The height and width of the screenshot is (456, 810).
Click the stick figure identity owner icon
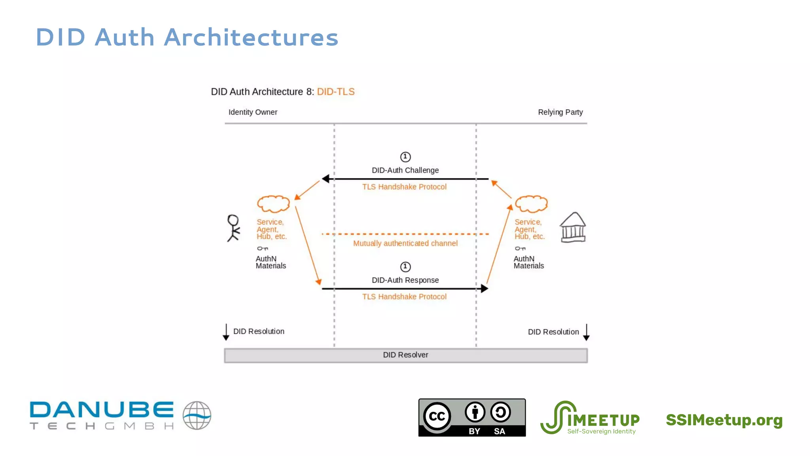coord(233,228)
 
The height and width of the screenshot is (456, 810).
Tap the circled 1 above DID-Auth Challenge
coord(405,157)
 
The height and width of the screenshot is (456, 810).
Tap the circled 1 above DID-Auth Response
coord(405,267)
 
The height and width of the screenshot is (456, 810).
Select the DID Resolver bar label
coord(405,355)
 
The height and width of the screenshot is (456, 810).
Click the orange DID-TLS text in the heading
coord(335,92)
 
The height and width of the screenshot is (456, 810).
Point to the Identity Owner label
coord(253,112)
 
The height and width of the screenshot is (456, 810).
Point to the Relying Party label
coord(560,112)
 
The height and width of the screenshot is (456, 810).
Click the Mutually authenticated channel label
coord(405,243)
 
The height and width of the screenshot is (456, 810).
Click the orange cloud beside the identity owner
coord(273,204)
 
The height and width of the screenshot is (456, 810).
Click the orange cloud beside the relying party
coord(531,204)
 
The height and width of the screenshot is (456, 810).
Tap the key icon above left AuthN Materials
coord(263,249)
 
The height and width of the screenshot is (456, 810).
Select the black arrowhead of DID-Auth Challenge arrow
coord(326,179)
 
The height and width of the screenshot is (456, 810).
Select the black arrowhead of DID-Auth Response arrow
coord(484,289)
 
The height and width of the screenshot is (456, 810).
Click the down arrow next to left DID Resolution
coord(226,332)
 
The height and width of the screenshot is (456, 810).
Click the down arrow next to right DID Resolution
coord(586,332)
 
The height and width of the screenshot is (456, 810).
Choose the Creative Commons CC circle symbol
coord(437,416)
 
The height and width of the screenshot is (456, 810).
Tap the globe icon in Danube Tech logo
coord(197,415)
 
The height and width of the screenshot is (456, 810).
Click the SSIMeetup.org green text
coord(724,420)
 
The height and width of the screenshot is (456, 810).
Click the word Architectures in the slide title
coord(251,38)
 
